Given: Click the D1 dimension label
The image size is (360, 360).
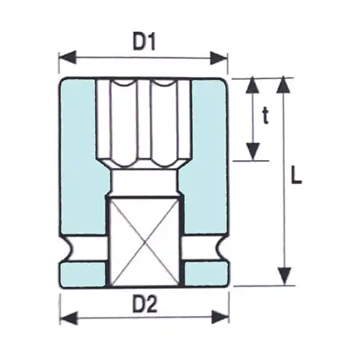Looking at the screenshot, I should pos(143,39).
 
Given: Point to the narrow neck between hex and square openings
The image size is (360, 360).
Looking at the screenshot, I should pos(143,182).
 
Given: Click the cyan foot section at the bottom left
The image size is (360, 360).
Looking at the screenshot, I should pos(82,274).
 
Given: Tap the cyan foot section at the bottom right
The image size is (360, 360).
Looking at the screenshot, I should pos(206,274).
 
